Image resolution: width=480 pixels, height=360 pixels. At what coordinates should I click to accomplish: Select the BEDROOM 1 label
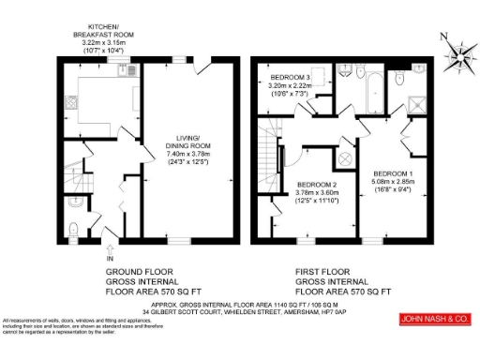pos(392,174)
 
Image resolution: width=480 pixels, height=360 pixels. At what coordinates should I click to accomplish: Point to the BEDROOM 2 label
pos(316,185)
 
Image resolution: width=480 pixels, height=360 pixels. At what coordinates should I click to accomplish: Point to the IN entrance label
pos(111,258)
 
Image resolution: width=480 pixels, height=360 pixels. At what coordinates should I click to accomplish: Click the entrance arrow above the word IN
pos(111,247)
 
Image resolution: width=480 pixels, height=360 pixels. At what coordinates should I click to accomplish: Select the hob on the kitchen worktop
pos(70,101)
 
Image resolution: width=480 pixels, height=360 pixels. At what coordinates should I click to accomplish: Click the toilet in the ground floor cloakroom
pos(74,224)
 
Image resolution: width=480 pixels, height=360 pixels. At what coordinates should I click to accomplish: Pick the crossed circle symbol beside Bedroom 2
pos(343,158)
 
